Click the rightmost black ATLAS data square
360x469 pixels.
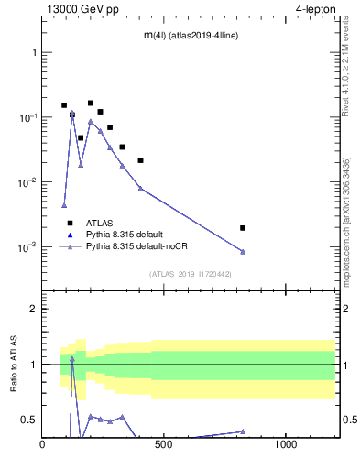point(243,227)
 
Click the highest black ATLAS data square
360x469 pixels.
point(91,104)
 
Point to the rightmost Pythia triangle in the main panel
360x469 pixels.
point(243,252)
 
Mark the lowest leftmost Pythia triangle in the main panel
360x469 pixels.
point(64,205)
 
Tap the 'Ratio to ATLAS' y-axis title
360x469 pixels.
point(14,364)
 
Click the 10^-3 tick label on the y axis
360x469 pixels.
point(27,247)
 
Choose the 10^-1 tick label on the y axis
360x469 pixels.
point(27,117)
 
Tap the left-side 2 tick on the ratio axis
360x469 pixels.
point(34,309)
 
